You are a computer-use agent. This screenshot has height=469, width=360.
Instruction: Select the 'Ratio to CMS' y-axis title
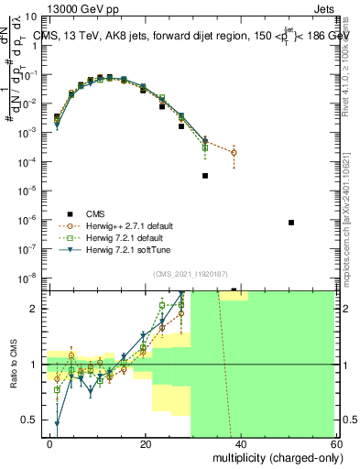click(13, 364)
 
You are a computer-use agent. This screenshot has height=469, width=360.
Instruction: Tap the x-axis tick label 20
click(146, 443)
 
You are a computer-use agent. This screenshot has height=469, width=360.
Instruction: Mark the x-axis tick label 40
click(243, 443)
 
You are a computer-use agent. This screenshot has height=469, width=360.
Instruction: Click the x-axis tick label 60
click(339, 443)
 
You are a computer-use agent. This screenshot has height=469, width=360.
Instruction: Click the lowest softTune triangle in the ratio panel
click(57, 423)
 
